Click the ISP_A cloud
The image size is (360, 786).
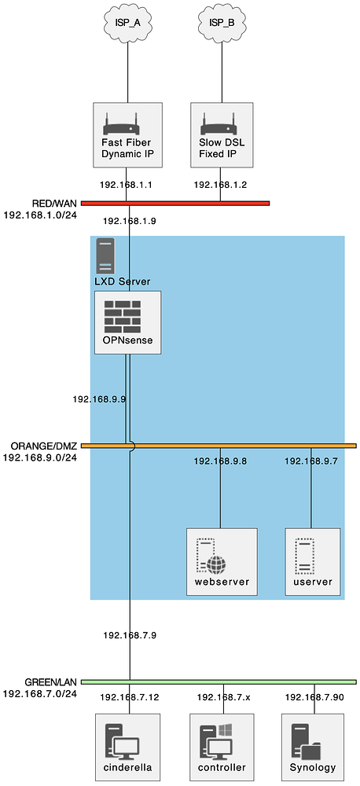(x=127, y=23)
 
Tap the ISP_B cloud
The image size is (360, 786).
(x=220, y=23)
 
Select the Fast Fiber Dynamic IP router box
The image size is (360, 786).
(x=127, y=135)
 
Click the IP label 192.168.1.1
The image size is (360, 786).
(x=126, y=185)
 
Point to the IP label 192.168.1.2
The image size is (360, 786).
(x=221, y=185)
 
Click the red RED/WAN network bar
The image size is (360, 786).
(x=175, y=203)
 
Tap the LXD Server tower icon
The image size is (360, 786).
(x=105, y=255)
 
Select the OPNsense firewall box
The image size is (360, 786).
(x=128, y=322)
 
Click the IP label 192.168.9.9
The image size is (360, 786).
(x=99, y=399)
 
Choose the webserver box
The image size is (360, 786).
(x=222, y=561)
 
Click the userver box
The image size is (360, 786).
(x=312, y=561)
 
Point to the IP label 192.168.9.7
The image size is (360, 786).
(x=310, y=461)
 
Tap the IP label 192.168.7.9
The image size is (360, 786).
(x=130, y=635)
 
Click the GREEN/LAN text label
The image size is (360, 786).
(x=50, y=682)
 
